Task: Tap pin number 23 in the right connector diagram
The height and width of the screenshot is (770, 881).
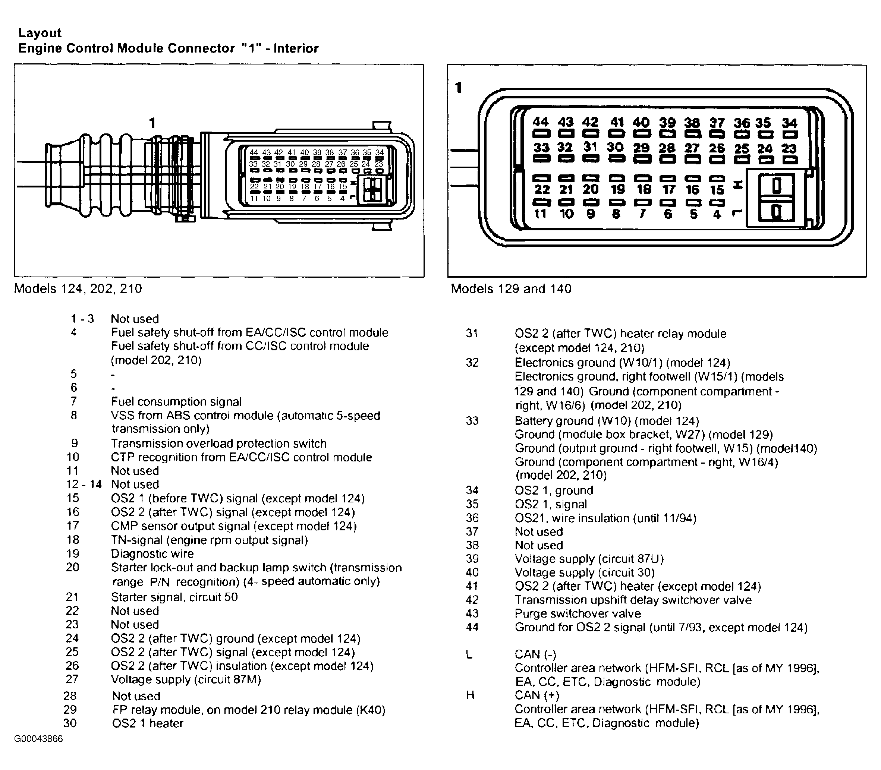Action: click(x=789, y=149)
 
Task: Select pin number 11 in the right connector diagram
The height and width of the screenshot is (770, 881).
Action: click(x=540, y=214)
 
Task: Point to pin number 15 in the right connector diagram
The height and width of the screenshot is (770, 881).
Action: click(x=717, y=189)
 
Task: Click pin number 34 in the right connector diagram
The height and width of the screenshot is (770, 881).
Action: click(x=789, y=123)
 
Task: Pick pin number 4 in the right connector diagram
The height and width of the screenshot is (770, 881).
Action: click(x=717, y=214)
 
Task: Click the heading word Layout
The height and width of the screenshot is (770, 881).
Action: click(x=40, y=33)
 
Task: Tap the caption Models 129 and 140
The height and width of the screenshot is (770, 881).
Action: click(x=511, y=289)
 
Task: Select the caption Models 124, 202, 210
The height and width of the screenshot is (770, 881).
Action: click(x=78, y=288)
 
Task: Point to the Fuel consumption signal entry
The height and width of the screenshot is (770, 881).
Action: click(x=176, y=402)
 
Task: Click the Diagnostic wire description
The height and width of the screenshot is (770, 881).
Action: click(x=152, y=553)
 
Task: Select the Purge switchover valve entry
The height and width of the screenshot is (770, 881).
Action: click(x=578, y=613)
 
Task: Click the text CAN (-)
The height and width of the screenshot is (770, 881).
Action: click(x=535, y=654)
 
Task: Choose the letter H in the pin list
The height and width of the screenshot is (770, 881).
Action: click(x=470, y=695)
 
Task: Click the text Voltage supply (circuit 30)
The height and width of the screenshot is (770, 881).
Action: click(x=585, y=572)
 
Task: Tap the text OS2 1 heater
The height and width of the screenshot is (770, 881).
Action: click(x=148, y=723)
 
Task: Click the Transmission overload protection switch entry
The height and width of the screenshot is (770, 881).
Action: click(x=219, y=444)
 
